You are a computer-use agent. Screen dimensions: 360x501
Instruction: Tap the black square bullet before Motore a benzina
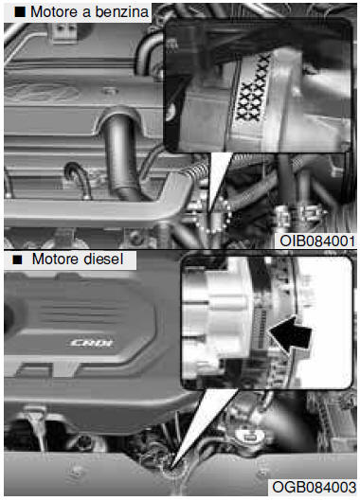click(20, 12)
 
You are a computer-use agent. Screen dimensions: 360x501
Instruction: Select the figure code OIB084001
click(317, 241)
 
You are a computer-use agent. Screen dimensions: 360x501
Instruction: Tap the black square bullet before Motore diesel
click(18, 259)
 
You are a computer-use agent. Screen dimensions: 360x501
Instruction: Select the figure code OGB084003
click(314, 487)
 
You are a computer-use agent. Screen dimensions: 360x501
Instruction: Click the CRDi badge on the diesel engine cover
click(92, 344)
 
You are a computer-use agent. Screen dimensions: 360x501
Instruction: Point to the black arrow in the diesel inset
click(290, 334)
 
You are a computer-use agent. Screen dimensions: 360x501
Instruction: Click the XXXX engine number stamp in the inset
click(253, 89)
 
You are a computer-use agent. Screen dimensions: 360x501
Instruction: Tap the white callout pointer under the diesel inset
click(205, 428)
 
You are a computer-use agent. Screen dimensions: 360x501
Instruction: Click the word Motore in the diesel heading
click(54, 259)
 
